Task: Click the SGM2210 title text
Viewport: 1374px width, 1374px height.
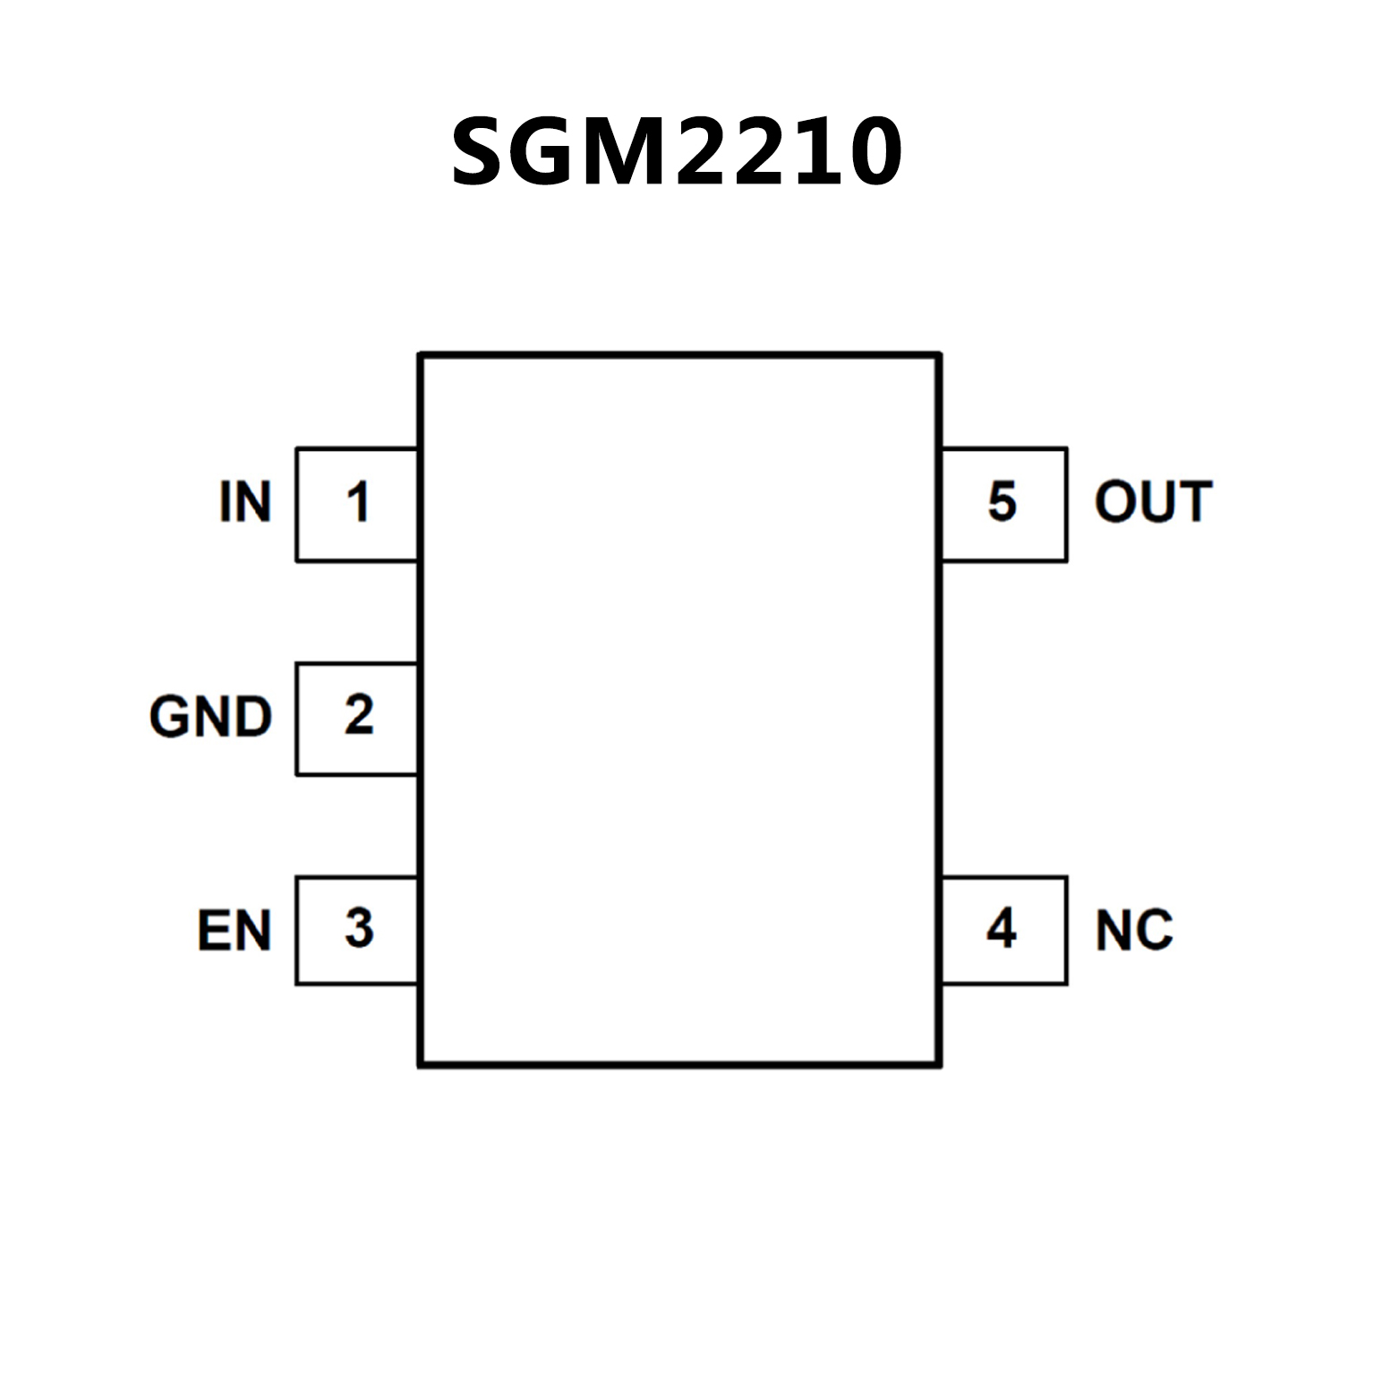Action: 676,152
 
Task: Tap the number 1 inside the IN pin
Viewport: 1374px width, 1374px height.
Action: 358,502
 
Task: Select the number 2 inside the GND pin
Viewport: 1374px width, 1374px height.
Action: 358,715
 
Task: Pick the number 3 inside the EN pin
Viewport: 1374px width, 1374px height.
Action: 359,928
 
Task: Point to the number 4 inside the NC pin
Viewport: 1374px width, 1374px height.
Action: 1002,928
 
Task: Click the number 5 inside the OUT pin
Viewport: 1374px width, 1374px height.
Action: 1002,502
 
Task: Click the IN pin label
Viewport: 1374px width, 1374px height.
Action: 244,502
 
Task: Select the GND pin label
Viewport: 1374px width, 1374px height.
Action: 210,717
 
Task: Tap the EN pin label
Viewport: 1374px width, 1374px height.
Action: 234,931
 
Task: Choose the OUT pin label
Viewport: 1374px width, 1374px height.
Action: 1153,502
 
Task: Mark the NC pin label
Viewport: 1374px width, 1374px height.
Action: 1133,931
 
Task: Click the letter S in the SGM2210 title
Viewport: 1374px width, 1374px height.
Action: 482,153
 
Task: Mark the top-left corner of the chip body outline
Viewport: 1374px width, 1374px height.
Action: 421,355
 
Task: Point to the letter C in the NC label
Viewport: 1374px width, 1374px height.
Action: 1155,931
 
